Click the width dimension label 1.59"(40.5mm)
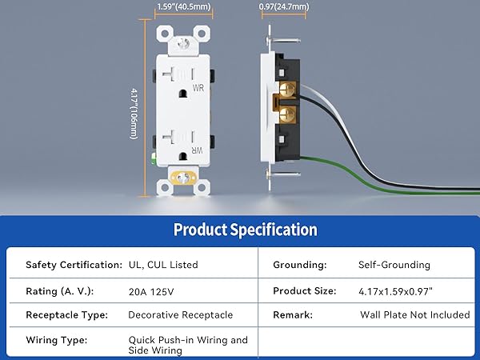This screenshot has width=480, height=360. coord(184,6)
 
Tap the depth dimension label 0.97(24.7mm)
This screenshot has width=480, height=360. coord(284,6)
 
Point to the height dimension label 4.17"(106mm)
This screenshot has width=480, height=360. coord(134,114)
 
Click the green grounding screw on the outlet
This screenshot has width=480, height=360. coord(154,158)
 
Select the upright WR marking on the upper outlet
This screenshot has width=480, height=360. coord(198,88)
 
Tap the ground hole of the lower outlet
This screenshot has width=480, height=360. coord(182,156)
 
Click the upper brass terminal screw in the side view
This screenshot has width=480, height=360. coord(287,90)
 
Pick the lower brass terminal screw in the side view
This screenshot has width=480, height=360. coord(287,114)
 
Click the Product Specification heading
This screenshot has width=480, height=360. coord(246,230)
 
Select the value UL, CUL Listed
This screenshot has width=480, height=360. coord(163,265)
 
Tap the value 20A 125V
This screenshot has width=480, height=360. coord(151,292)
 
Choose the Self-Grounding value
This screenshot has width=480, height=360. coord(394,265)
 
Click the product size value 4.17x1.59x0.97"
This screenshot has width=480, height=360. coord(395,291)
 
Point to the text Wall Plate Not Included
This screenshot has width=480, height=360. coord(414,314)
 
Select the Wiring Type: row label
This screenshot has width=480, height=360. coord(57,340)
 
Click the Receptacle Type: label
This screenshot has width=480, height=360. coord(67,315)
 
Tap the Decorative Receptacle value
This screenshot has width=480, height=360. coord(181,315)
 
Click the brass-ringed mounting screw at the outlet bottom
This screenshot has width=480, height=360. coord(183,178)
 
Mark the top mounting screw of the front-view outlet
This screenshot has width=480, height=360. coord(183,43)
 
